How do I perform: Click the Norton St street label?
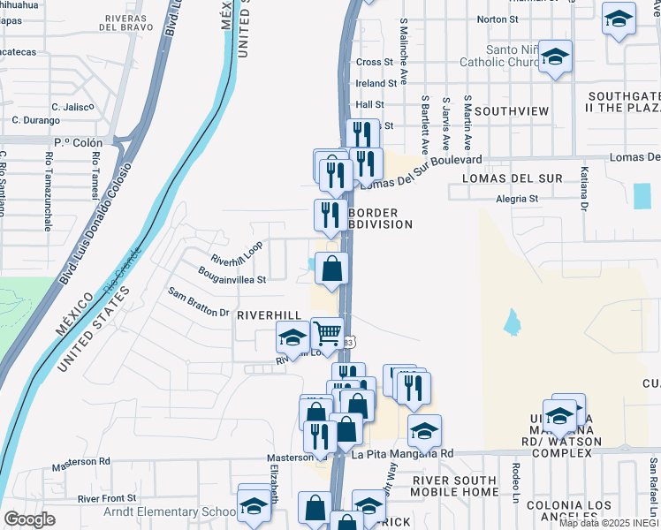tap(497, 19)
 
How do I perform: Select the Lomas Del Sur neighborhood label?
tap(513, 178)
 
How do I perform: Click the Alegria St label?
tap(516, 199)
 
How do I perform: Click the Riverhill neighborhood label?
tap(269, 315)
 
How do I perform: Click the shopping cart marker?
tap(327, 334)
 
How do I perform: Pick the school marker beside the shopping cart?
tap(293, 337)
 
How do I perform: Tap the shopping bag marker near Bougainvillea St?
tap(330, 269)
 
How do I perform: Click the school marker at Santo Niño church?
tap(555, 57)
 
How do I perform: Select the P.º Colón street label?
tap(78, 142)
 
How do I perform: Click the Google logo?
tap(29, 519)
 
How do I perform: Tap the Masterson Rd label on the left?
tap(80, 461)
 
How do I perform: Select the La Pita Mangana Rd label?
tap(402, 453)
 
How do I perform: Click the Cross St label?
tap(374, 62)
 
